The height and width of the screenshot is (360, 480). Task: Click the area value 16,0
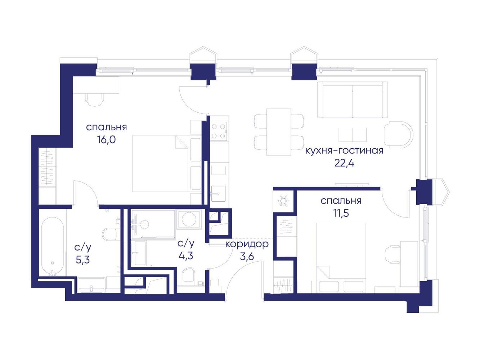(x=107, y=140)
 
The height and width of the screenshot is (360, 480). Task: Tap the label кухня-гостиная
(x=344, y=151)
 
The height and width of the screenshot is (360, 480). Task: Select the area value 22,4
(x=344, y=163)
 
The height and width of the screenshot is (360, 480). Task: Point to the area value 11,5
(x=341, y=213)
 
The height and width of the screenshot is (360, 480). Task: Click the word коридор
(x=247, y=244)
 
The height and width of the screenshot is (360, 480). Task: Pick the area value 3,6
(x=247, y=256)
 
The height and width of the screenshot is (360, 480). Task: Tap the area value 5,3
(x=83, y=260)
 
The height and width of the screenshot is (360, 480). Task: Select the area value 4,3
(x=186, y=256)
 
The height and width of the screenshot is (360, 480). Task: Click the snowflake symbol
(x=283, y=201)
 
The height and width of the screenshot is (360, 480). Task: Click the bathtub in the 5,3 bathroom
(x=53, y=246)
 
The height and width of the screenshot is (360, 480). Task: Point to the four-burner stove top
(x=219, y=131)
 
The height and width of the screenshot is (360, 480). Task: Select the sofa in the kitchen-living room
(x=355, y=100)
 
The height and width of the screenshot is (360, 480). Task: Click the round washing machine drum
(x=189, y=219)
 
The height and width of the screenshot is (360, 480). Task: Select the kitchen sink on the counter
(x=218, y=194)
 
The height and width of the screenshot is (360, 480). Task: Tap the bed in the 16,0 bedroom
(x=161, y=164)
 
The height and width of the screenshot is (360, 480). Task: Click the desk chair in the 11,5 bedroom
(x=393, y=255)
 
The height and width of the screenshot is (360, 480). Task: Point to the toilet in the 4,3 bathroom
(x=188, y=276)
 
